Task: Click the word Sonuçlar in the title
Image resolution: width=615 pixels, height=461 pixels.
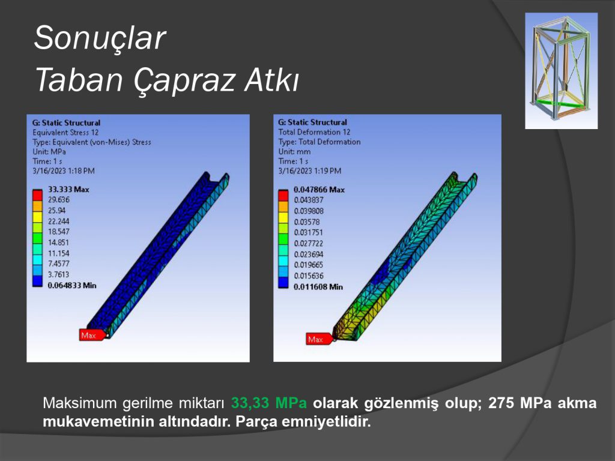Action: coord(100,38)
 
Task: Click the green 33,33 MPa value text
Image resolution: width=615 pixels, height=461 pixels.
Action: coord(268,403)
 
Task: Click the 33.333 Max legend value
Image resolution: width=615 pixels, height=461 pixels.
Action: coord(68,189)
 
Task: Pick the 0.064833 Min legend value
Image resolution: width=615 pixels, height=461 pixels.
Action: coord(72,285)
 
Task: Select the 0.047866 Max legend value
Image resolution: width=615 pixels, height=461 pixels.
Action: coord(319,190)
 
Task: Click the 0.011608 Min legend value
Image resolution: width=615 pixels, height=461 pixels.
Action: coord(318,287)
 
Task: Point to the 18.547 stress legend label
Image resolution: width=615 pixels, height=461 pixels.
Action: coord(58,232)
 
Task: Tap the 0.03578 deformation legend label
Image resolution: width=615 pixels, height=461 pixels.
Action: coord(307,222)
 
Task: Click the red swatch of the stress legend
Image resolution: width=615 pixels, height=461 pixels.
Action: coord(37,195)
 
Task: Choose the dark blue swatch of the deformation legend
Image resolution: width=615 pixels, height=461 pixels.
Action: coord(283,282)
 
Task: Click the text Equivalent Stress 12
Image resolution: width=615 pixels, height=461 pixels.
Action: coord(65,133)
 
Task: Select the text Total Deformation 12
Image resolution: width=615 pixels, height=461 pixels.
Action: coord(314,132)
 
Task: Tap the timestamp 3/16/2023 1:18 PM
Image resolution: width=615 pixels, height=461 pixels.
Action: coord(64,171)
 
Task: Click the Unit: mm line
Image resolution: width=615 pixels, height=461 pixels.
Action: coord(294,152)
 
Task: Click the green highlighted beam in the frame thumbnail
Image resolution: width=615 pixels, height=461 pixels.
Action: coord(562,103)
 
